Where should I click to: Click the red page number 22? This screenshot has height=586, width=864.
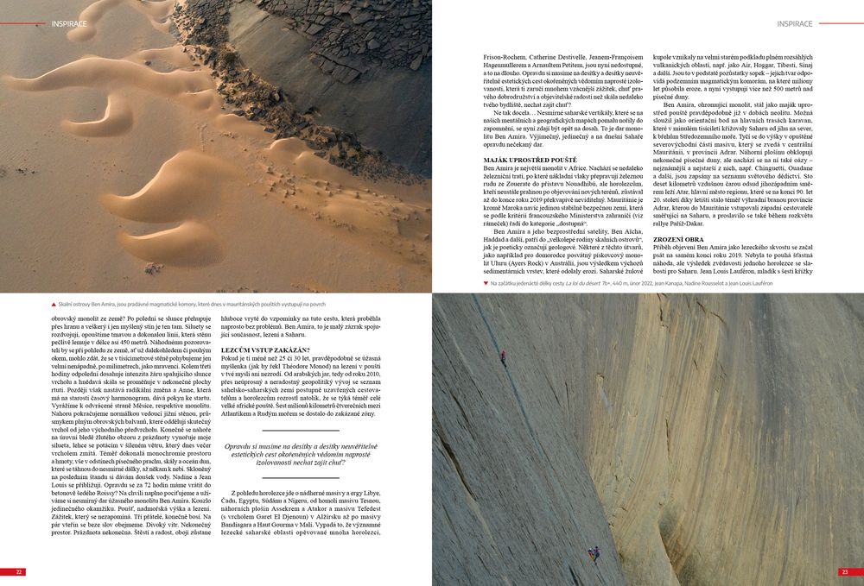click(18, 571)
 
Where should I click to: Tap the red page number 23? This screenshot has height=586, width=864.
click(844, 571)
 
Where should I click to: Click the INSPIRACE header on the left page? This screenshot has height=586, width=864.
click(70, 23)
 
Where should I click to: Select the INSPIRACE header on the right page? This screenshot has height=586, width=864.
click(794, 23)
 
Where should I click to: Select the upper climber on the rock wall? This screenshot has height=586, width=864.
click(503, 356)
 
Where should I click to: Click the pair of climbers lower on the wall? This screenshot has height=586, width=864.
click(593, 555)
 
